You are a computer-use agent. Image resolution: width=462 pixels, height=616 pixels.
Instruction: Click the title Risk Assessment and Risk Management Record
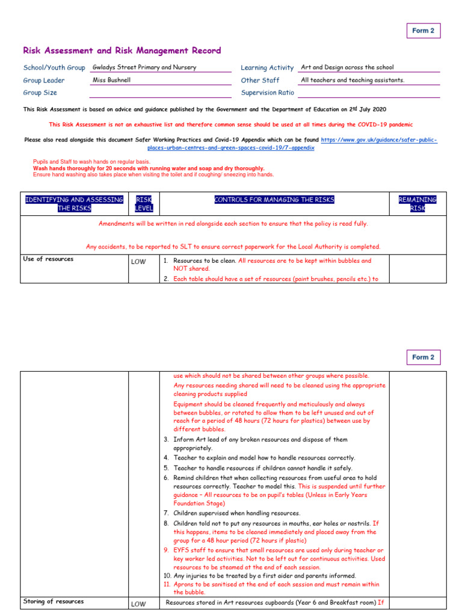click(x=122, y=51)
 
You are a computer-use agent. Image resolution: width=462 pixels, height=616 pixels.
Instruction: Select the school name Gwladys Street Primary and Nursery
click(x=144, y=67)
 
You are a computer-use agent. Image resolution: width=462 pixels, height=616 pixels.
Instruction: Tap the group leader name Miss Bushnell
click(x=111, y=79)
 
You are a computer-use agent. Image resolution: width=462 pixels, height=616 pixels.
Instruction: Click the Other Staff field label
click(x=260, y=80)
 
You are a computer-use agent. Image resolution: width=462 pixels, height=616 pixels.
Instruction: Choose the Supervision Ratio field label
click(x=267, y=93)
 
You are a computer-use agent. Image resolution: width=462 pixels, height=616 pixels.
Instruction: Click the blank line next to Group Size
click(x=160, y=93)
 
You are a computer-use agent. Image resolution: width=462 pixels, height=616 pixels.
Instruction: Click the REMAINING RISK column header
click(x=417, y=203)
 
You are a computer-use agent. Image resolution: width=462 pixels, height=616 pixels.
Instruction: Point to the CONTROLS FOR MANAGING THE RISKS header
click(x=274, y=200)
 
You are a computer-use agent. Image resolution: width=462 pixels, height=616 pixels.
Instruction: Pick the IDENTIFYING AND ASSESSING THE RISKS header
click(x=74, y=203)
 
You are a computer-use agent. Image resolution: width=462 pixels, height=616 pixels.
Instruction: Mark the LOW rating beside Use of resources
click(x=138, y=262)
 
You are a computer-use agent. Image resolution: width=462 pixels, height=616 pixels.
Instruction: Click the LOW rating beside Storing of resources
click(x=138, y=603)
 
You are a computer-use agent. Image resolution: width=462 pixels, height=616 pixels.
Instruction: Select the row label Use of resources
click(x=48, y=259)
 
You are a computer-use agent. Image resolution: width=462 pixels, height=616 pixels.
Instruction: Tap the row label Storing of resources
click(x=53, y=601)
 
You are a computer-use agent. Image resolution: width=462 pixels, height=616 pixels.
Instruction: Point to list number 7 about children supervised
click(x=166, y=513)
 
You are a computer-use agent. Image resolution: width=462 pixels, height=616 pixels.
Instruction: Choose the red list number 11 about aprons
click(x=167, y=584)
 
